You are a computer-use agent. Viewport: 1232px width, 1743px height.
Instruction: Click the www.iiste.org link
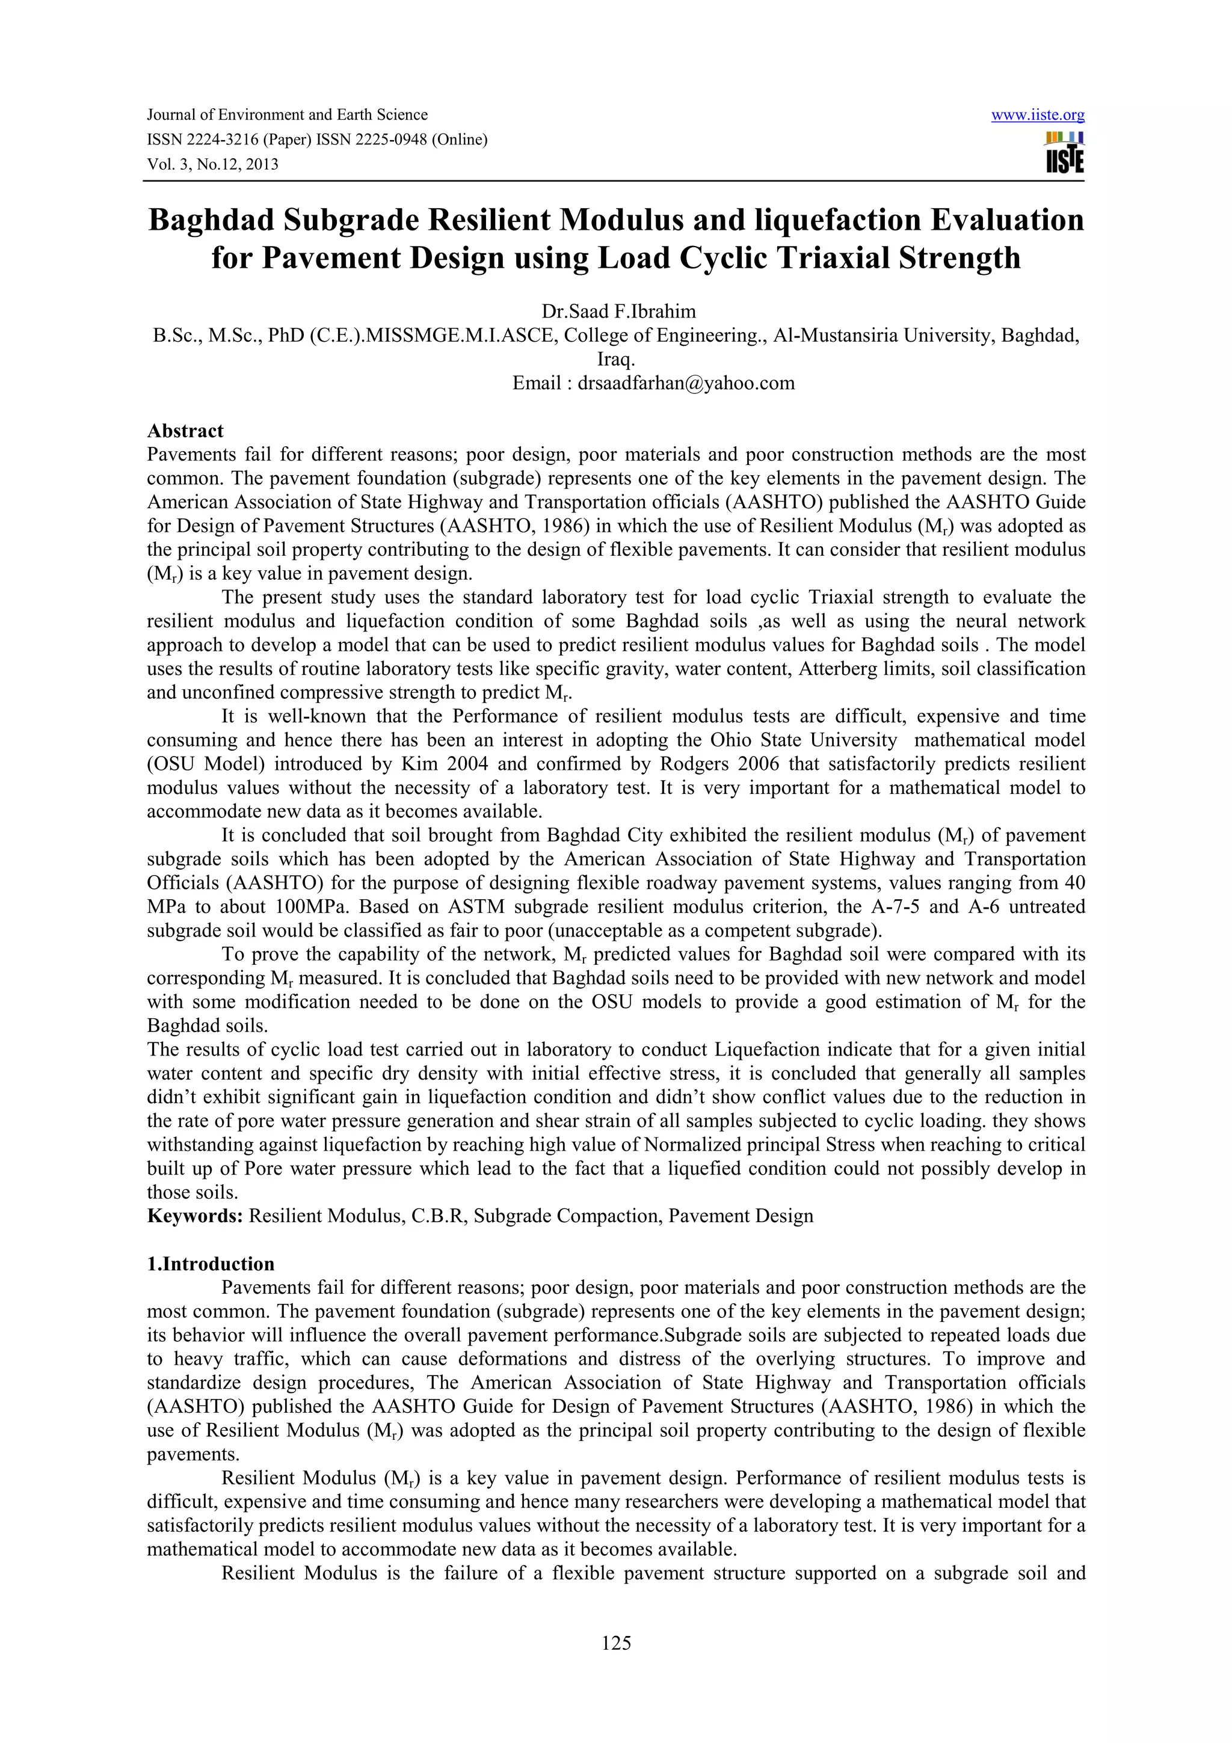coord(1038,115)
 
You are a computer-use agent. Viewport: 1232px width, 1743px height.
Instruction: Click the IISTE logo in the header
coord(1064,153)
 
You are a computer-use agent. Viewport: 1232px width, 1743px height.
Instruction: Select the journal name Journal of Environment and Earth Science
coord(287,115)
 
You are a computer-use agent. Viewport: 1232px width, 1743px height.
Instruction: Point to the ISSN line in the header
coord(316,140)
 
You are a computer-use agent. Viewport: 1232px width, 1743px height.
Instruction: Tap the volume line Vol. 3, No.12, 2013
coord(212,164)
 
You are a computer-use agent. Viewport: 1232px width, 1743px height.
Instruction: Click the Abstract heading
coord(185,431)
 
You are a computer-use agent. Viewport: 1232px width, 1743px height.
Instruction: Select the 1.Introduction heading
coord(211,1264)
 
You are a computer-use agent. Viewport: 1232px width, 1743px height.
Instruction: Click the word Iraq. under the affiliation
coord(615,359)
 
